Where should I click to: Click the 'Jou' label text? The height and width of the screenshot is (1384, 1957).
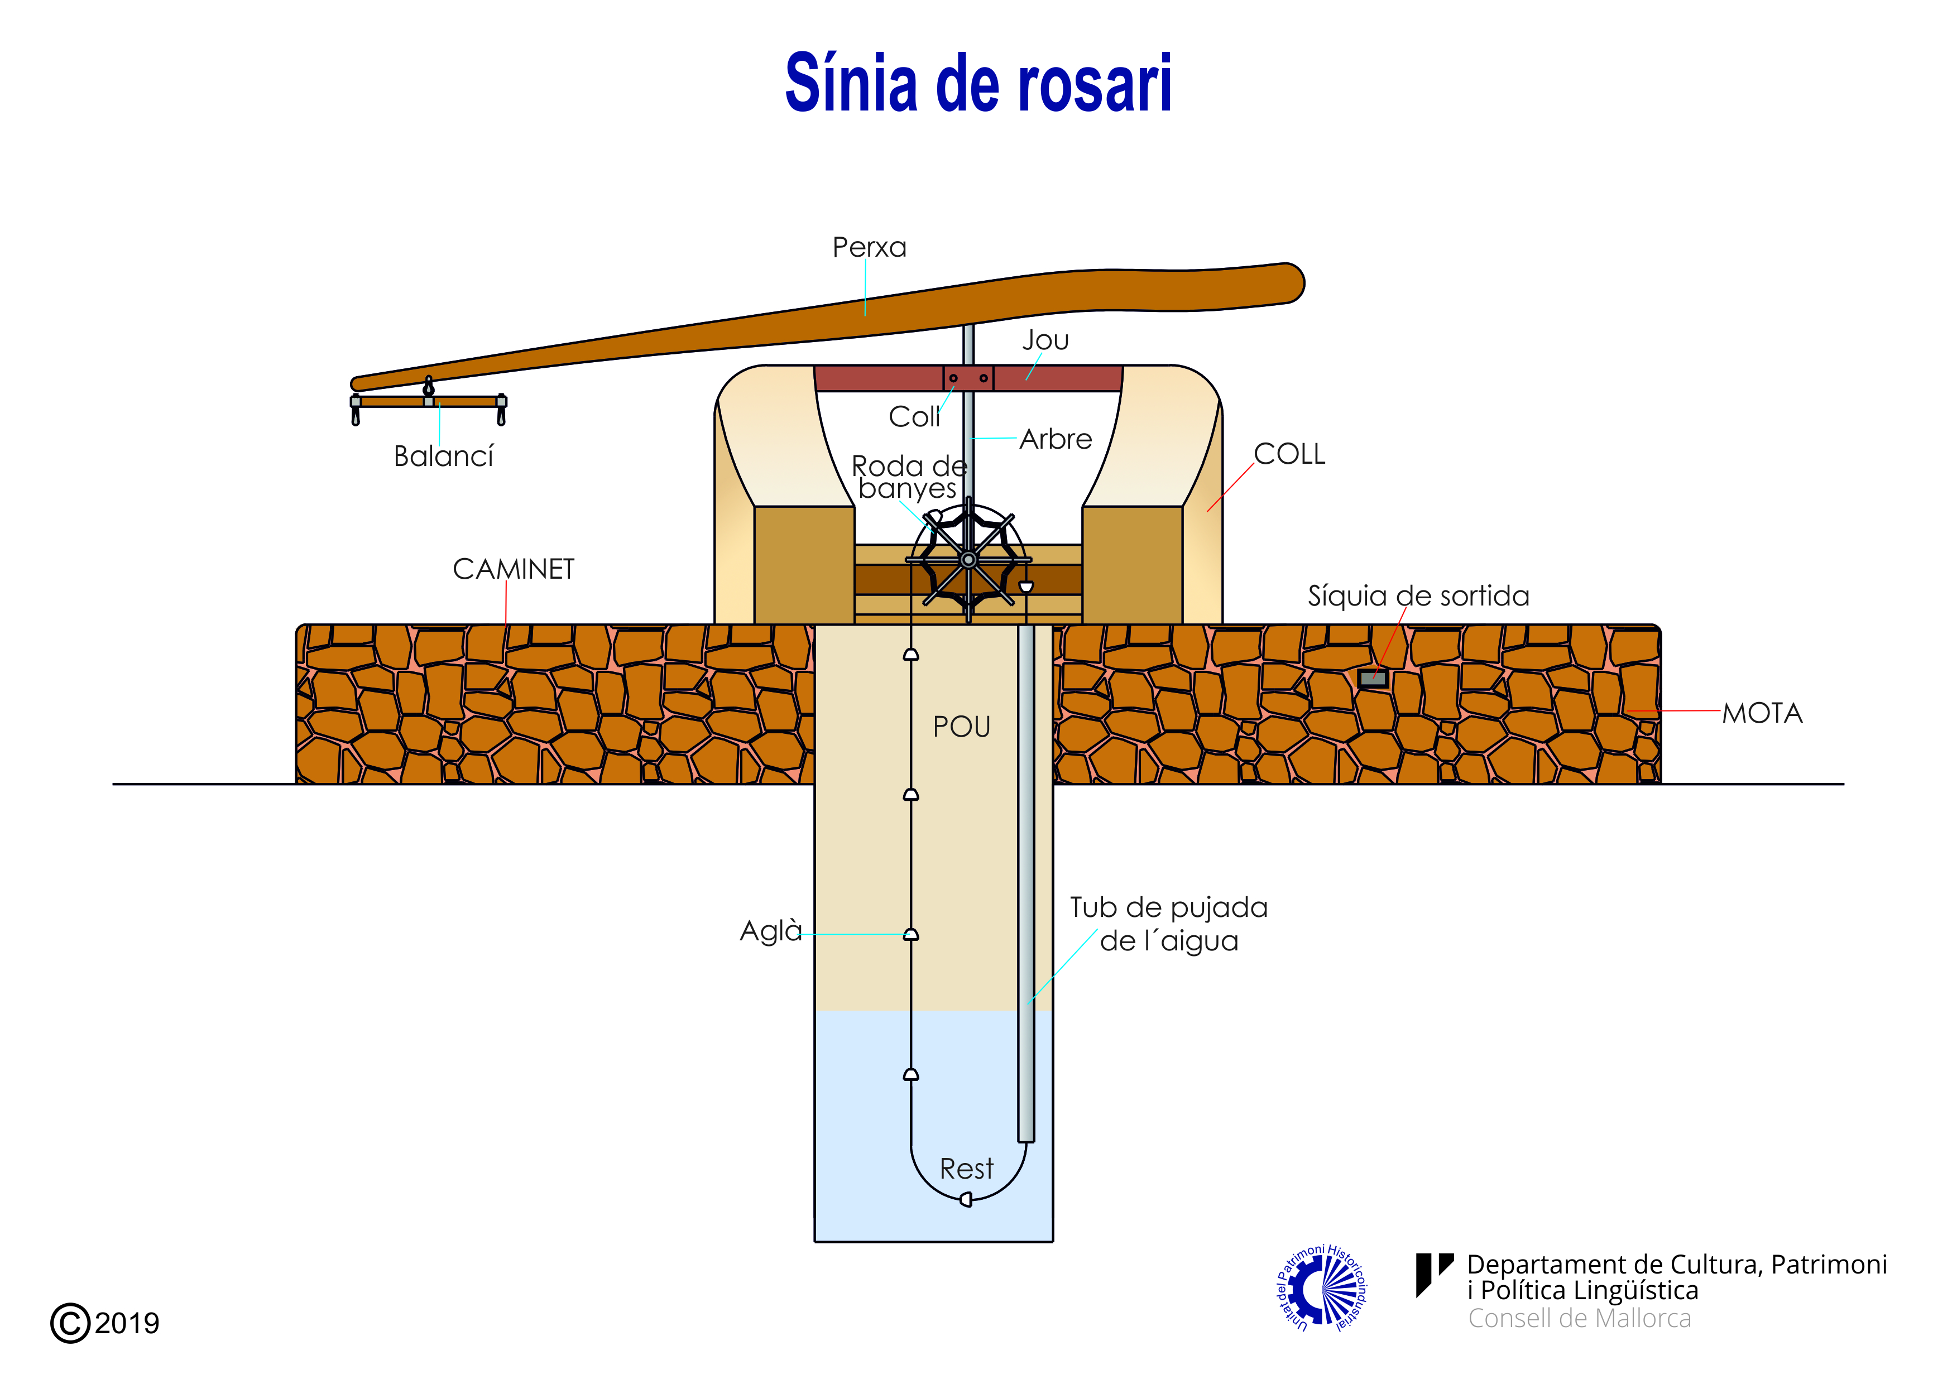coord(1045,340)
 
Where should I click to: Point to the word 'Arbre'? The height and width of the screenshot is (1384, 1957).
coord(1055,439)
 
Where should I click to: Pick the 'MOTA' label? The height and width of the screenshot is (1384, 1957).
coord(1762,713)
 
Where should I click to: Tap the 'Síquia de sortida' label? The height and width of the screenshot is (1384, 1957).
coord(1418,595)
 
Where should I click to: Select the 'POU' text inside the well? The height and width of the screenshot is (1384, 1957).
coord(961,727)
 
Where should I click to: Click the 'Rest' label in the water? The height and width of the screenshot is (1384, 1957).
coord(966,1169)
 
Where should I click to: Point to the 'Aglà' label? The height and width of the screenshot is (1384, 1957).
coord(770,931)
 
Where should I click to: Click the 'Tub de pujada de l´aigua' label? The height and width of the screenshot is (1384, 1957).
coord(1169,924)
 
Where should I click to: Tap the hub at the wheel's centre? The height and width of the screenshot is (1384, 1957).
coord(968,560)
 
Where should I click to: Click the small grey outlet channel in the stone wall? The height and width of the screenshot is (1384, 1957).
coord(1372,679)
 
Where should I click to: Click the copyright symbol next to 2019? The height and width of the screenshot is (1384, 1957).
coord(70,1323)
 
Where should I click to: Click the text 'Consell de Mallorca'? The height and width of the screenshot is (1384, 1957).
coord(1579,1318)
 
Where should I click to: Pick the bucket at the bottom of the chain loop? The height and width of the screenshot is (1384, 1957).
coord(966,1200)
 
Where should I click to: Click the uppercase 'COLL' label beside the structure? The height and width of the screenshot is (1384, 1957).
coord(1289,454)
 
